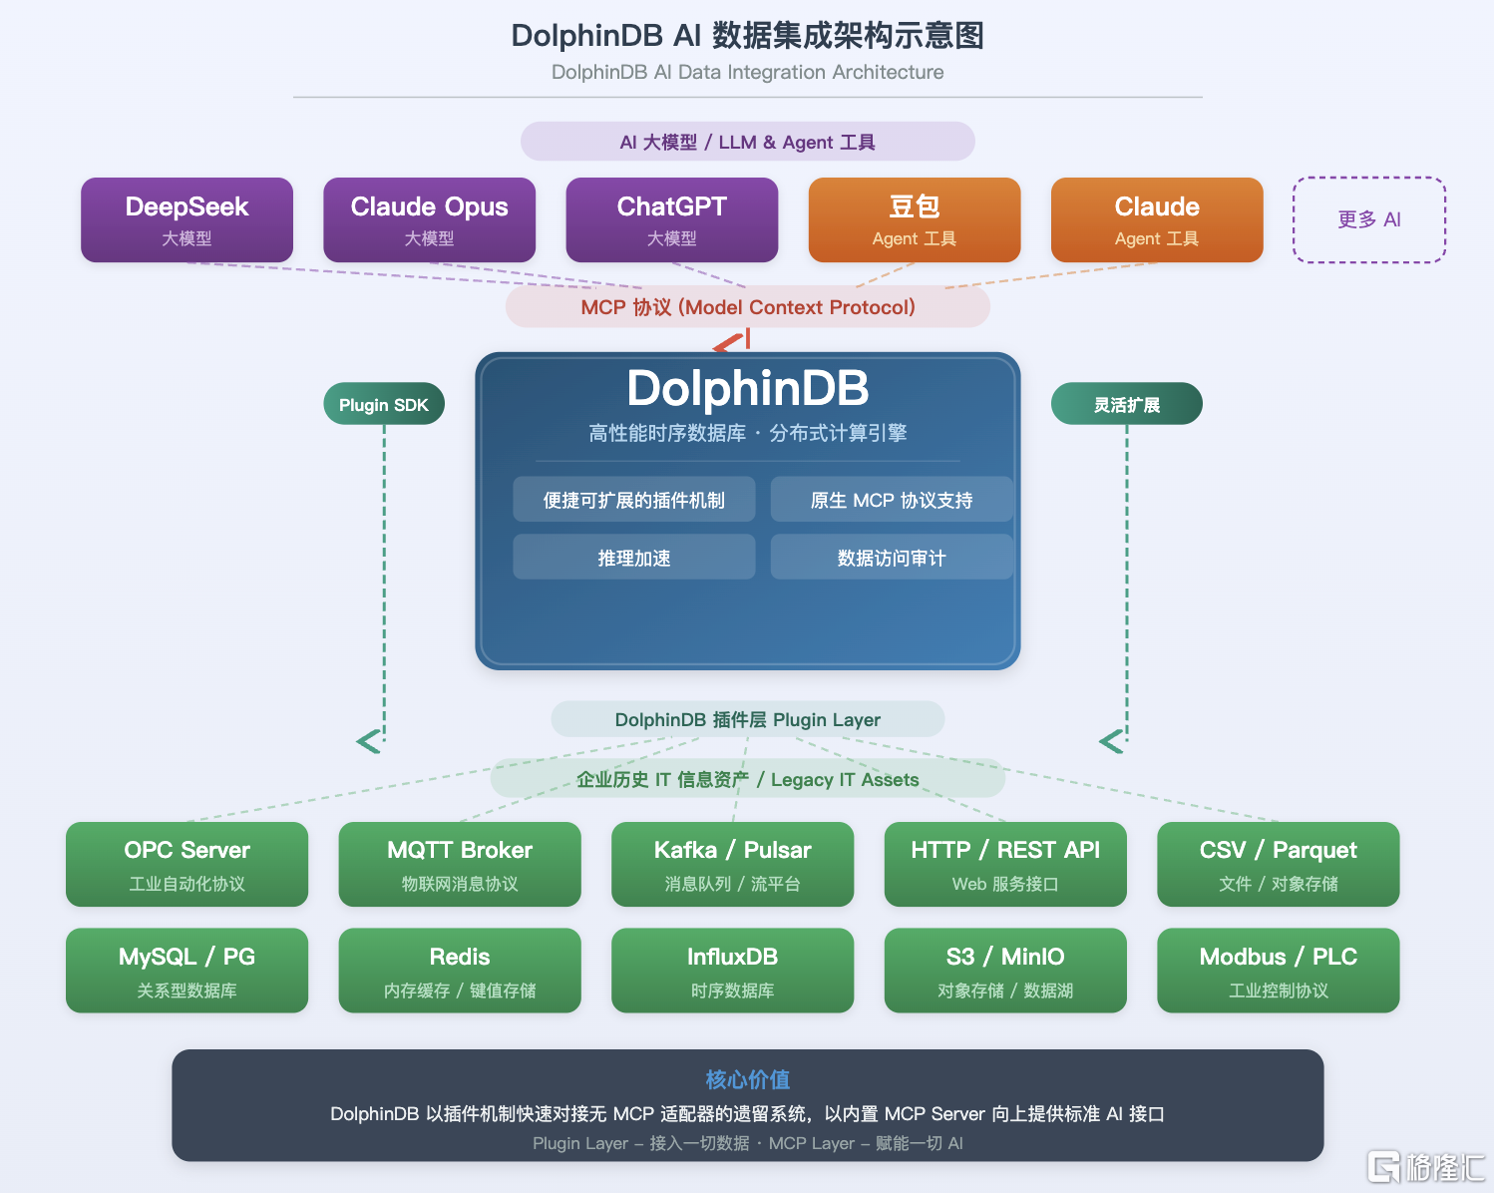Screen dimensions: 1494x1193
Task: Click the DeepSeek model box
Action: click(187, 219)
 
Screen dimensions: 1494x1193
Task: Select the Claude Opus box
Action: click(429, 219)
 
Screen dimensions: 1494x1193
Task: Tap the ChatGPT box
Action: click(671, 219)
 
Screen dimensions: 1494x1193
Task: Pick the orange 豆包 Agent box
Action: click(915, 219)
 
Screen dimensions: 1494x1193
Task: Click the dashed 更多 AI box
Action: click(1369, 219)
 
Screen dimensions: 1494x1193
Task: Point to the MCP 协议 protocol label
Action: click(748, 307)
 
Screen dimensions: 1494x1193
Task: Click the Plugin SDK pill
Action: click(384, 404)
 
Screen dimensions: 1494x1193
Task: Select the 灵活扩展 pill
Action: click(1127, 404)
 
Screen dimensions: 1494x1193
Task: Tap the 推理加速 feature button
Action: click(634, 557)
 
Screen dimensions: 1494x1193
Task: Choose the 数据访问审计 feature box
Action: click(892, 557)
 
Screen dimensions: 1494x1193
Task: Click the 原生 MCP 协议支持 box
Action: click(892, 500)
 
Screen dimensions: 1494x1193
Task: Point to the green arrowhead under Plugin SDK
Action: click(369, 741)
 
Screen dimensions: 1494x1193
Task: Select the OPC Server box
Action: click(187, 864)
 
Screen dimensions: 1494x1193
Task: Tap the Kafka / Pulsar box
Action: click(732, 864)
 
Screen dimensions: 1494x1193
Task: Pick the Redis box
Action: click(460, 971)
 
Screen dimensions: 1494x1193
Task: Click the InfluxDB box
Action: click(732, 971)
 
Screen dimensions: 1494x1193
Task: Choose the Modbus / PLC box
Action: click(1279, 971)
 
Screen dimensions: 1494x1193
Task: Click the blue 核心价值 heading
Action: click(748, 1079)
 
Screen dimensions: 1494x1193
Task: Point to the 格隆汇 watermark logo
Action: click(1426, 1167)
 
